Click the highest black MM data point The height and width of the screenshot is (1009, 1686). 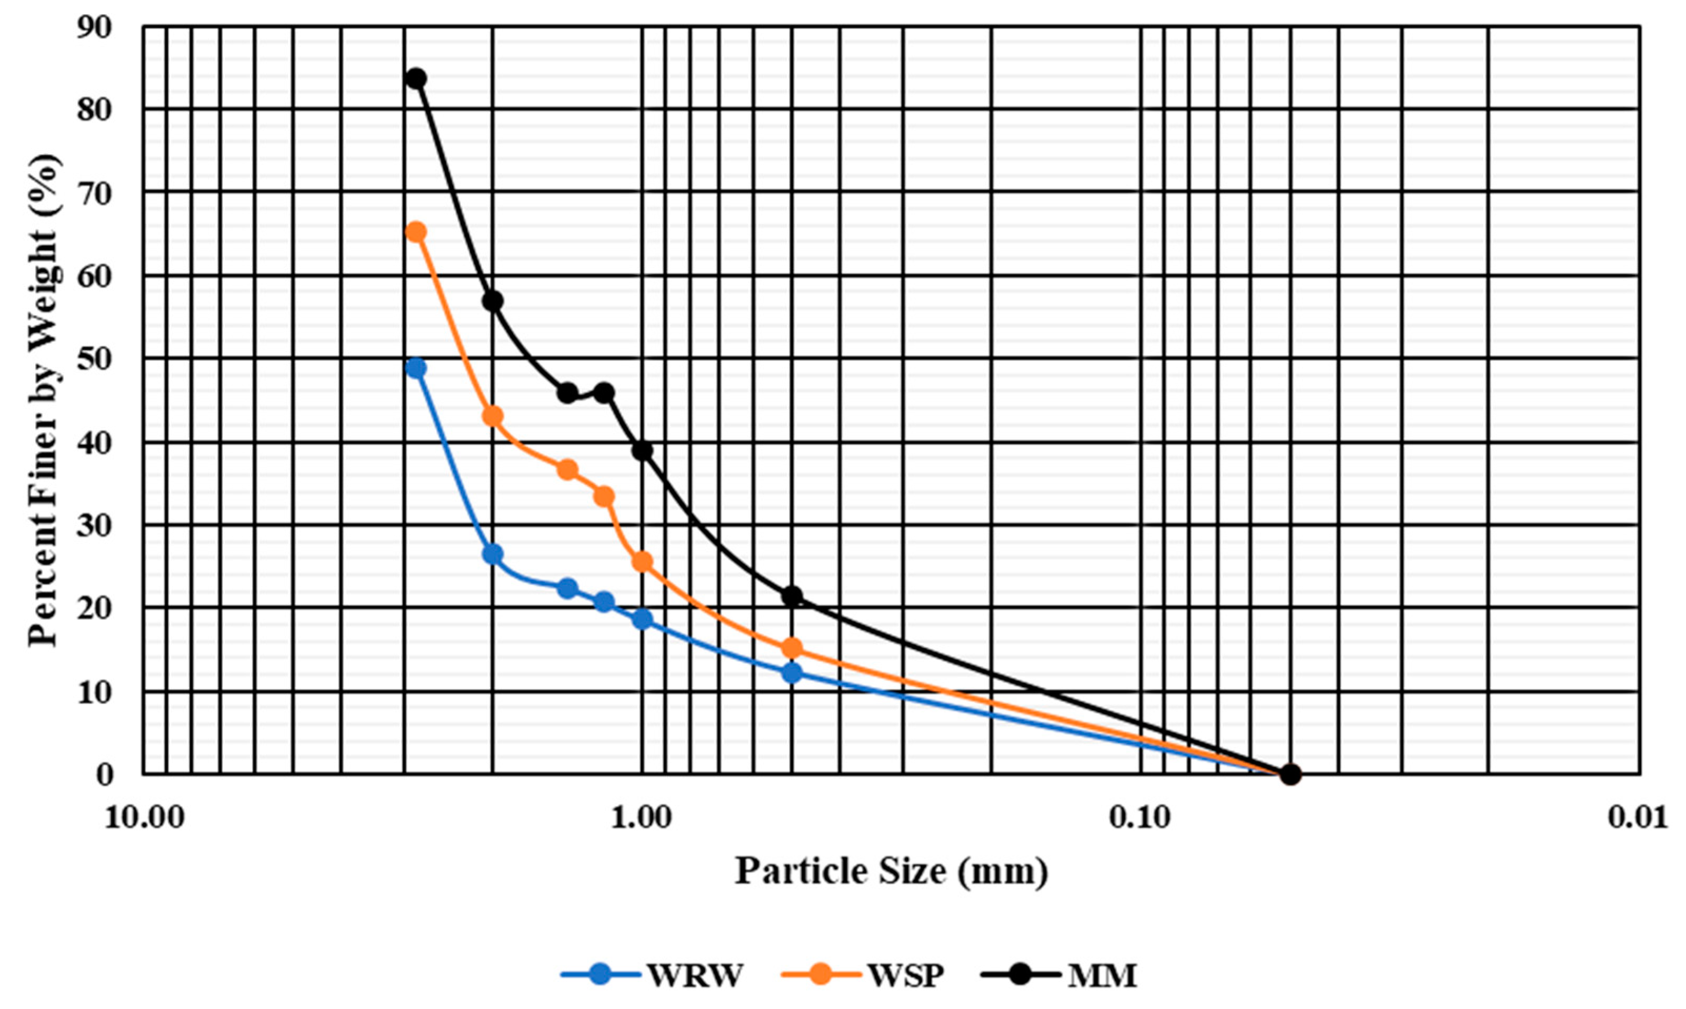[x=416, y=78]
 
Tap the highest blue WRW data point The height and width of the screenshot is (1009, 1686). [x=415, y=368]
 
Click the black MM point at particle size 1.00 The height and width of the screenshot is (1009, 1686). [x=642, y=451]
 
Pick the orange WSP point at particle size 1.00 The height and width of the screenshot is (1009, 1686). [x=642, y=562]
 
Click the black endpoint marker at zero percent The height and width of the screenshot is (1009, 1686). [x=1290, y=774]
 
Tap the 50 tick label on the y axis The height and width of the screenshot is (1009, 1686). [x=95, y=359]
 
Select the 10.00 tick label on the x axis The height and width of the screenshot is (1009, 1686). [x=144, y=818]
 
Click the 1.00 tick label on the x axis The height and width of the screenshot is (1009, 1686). [x=642, y=818]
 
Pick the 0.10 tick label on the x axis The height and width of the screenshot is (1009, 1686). [x=1141, y=818]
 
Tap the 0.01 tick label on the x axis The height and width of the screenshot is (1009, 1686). [x=1639, y=818]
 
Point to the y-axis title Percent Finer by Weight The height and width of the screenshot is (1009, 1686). [x=45, y=401]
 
